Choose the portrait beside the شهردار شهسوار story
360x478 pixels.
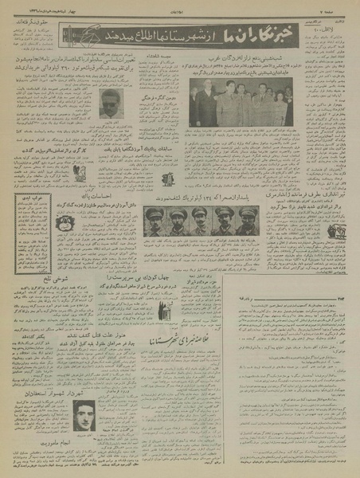click(83, 415)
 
